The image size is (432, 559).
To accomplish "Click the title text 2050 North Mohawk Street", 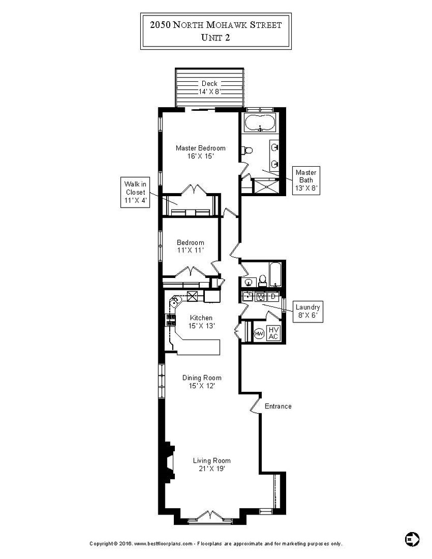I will coord(216,25).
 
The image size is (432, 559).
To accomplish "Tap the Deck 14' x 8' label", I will coord(209,87).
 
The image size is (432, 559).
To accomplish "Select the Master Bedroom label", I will coord(200,151).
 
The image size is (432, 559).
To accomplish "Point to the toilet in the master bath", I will coord(247,151).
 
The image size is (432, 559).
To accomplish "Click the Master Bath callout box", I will coord(305,180).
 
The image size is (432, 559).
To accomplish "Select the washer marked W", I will coord(261,297).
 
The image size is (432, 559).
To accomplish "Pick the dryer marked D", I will coord(273,297).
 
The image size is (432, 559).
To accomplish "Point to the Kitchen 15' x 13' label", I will coord(201,321).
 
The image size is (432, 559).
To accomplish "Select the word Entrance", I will coord(278,406).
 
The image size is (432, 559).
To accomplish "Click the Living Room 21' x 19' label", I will coord(211,464).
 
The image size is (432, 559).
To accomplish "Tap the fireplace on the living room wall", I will coord(168,462).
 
